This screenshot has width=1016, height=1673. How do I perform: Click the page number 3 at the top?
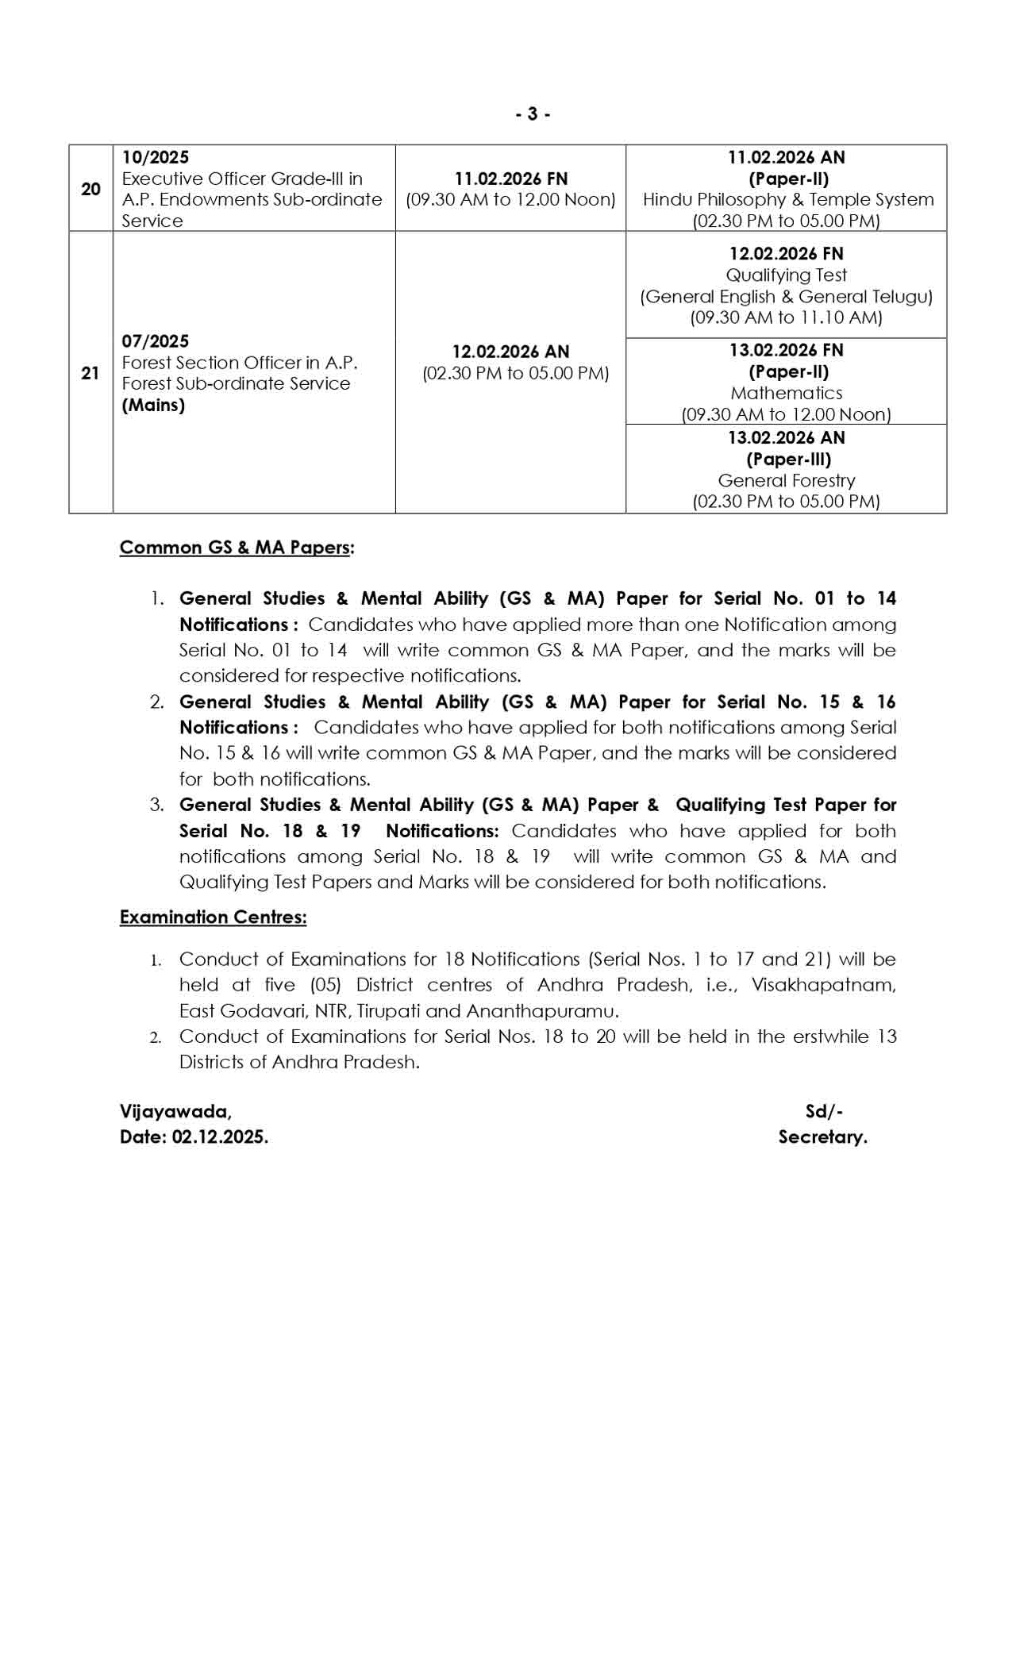(x=533, y=114)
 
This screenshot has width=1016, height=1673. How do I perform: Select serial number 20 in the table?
(x=90, y=189)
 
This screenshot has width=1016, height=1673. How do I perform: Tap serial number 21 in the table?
(x=90, y=373)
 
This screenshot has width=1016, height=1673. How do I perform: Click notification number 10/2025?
(x=156, y=157)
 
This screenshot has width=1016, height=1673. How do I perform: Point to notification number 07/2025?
(x=156, y=341)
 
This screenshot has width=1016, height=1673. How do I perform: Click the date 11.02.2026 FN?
(x=511, y=179)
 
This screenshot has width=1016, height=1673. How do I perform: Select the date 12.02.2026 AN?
(x=511, y=352)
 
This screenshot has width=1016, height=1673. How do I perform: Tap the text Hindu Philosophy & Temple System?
(x=788, y=199)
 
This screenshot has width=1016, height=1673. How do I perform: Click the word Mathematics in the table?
(x=787, y=393)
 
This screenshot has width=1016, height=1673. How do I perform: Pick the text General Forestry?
(x=787, y=480)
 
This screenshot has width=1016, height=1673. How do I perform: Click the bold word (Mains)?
(x=153, y=405)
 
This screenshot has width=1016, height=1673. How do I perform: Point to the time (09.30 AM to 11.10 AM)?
(x=787, y=317)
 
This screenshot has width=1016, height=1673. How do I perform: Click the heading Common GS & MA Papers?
(x=236, y=548)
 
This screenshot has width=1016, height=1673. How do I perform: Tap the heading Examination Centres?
(x=213, y=917)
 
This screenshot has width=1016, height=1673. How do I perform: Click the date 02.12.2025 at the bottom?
(x=219, y=1136)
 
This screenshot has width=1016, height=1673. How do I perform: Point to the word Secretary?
(x=822, y=1136)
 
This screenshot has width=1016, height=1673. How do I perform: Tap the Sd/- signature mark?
(x=824, y=1111)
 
